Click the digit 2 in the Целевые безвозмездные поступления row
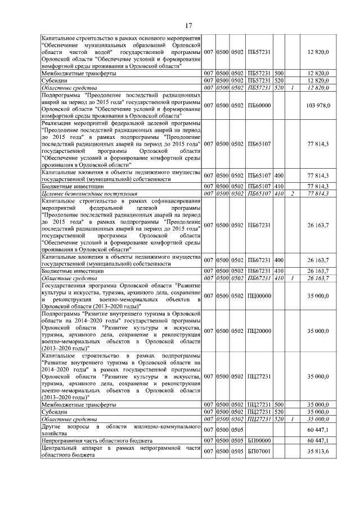point(293,193)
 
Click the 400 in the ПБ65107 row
point(279,175)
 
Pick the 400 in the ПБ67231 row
point(279,260)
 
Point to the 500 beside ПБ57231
point(279,74)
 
